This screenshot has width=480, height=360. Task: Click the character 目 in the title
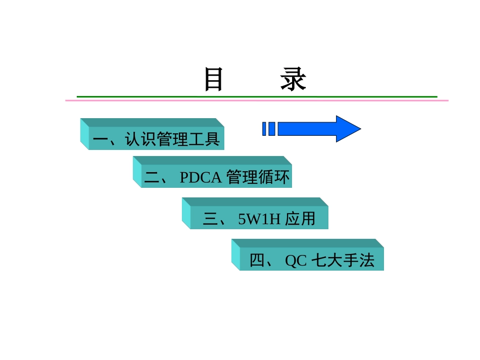[x=213, y=80]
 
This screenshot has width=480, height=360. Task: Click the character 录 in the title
[x=294, y=80]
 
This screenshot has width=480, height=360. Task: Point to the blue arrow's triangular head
[x=348, y=129]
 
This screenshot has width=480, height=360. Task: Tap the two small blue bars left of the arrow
[x=269, y=129]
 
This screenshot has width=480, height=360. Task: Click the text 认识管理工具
[x=173, y=139]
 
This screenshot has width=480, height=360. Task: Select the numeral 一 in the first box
[x=101, y=139]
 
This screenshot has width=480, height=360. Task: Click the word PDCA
[x=201, y=177]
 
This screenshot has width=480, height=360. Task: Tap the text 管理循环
[x=258, y=177]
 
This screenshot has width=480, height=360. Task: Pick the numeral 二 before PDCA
[x=152, y=177]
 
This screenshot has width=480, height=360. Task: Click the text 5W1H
[x=259, y=219]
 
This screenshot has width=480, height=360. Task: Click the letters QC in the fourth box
[x=296, y=261]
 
